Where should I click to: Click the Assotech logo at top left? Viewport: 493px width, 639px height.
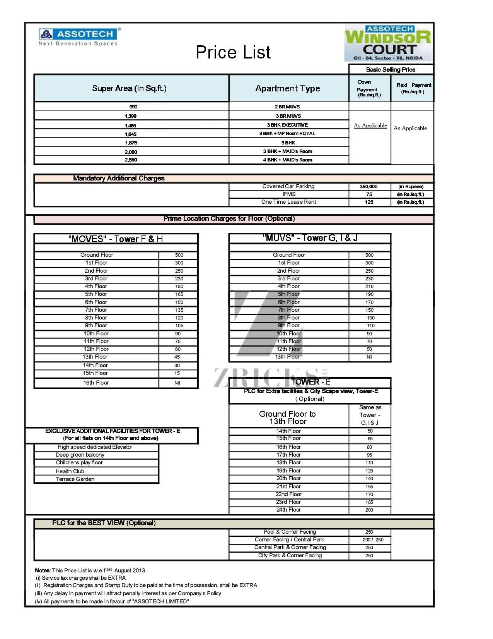point(78,37)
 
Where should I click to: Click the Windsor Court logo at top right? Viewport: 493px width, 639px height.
point(388,43)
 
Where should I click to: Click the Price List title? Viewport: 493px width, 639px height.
point(233,52)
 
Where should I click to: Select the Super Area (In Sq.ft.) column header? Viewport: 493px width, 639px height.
point(129,88)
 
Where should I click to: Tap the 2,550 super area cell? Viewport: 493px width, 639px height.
point(131,160)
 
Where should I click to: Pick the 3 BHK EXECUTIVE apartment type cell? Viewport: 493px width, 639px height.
point(287,125)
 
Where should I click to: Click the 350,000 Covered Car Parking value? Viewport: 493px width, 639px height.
point(369,187)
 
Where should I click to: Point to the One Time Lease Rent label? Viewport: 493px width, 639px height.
point(288,202)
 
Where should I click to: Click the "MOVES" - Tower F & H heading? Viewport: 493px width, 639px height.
point(116,239)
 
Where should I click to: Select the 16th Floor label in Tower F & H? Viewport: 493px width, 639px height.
point(96,383)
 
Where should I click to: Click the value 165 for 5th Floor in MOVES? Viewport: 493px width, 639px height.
point(179,294)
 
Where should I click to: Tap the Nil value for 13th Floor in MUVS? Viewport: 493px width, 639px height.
point(369,357)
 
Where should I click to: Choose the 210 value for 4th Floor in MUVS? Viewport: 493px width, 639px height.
point(369,287)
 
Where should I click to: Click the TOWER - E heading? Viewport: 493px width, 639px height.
point(310,382)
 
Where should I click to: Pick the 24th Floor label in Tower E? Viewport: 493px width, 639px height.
point(288,510)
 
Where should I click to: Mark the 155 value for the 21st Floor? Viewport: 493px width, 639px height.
point(369,487)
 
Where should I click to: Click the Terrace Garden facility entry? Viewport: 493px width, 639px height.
point(75,479)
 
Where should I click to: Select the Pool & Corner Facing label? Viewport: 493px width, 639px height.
point(290,532)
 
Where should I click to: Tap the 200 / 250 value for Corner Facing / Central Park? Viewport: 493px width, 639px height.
point(373,540)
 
